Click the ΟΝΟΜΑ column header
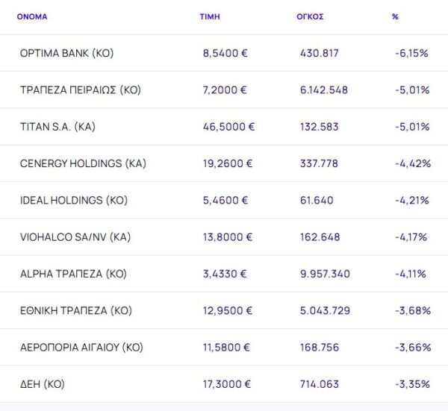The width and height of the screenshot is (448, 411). click(32, 16)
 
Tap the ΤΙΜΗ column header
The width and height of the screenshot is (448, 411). click(210, 16)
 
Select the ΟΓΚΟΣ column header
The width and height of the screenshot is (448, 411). click(310, 16)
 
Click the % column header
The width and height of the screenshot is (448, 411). click(395, 16)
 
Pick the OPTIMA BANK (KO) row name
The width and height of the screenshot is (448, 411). click(67, 54)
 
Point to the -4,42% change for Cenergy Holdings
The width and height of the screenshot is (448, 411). click(411, 163)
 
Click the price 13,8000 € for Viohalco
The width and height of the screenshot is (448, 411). click(228, 237)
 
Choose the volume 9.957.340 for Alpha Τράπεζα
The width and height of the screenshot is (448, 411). click(323, 274)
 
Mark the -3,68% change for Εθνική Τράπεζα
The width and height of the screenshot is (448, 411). click(411, 310)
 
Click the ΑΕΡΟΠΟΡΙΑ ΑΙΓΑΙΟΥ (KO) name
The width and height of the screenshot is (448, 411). click(81, 348)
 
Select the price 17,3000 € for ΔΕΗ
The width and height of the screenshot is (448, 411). click(228, 384)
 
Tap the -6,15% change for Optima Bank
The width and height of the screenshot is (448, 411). click(411, 54)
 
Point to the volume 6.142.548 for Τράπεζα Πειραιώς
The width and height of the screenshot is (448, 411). click(323, 90)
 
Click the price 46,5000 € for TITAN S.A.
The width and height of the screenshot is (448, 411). click(228, 127)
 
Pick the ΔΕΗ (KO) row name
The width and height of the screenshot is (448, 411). click(43, 384)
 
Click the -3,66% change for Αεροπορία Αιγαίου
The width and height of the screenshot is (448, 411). click(411, 348)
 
